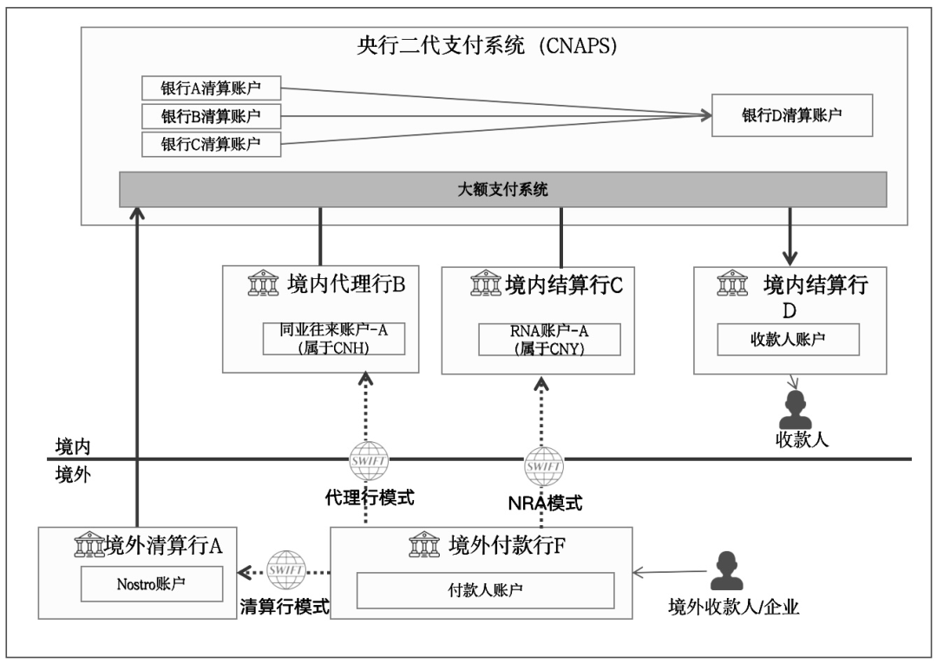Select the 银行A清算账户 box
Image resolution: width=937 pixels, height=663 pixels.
[211, 88]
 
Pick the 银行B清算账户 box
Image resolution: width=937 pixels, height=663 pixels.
[211, 115]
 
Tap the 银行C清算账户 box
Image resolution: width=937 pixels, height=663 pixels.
[211, 144]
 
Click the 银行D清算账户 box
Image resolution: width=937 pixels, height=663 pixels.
[791, 115]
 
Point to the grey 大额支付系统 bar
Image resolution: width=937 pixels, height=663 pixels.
[503, 190]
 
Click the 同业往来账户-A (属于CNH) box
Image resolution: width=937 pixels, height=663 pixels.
[335, 338]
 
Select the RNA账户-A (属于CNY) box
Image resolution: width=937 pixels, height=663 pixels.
[549, 338]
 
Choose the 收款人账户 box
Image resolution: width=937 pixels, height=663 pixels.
[788, 339]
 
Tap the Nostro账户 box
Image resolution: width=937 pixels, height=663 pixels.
[151, 584]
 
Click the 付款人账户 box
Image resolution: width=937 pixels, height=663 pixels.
[485, 590]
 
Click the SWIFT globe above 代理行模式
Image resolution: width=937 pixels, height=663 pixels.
[369, 461]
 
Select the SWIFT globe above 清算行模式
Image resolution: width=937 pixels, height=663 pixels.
[285, 569]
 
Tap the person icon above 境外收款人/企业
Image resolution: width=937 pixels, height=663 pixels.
[727, 571]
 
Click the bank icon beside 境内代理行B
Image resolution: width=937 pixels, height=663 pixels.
[261, 283]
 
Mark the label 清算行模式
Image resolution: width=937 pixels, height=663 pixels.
[285, 607]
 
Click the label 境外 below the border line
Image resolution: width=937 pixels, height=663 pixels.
[72, 474]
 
